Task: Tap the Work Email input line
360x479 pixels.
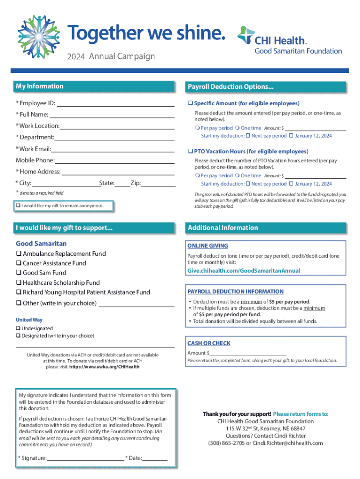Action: click(x=113, y=149)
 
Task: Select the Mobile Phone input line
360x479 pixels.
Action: click(x=115, y=160)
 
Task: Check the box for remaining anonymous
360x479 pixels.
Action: click(x=18, y=206)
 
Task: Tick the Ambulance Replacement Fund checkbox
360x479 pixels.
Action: click(x=19, y=254)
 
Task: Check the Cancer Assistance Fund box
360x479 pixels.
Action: click(x=19, y=263)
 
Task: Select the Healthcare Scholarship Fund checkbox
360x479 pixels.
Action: click(x=19, y=283)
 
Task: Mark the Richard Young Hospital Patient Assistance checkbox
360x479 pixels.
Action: click(x=19, y=292)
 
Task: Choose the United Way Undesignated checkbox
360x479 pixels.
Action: click(x=18, y=329)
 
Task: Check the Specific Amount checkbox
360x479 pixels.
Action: click(x=190, y=103)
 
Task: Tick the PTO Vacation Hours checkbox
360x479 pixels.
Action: click(x=190, y=152)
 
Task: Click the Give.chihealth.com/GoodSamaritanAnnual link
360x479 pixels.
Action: click(x=244, y=271)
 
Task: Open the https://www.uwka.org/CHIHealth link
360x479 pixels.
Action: click(x=104, y=367)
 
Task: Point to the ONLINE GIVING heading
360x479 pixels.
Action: click(x=208, y=246)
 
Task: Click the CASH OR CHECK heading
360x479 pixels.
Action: click(x=209, y=343)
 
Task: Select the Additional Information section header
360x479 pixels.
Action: click(x=223, y=228)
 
